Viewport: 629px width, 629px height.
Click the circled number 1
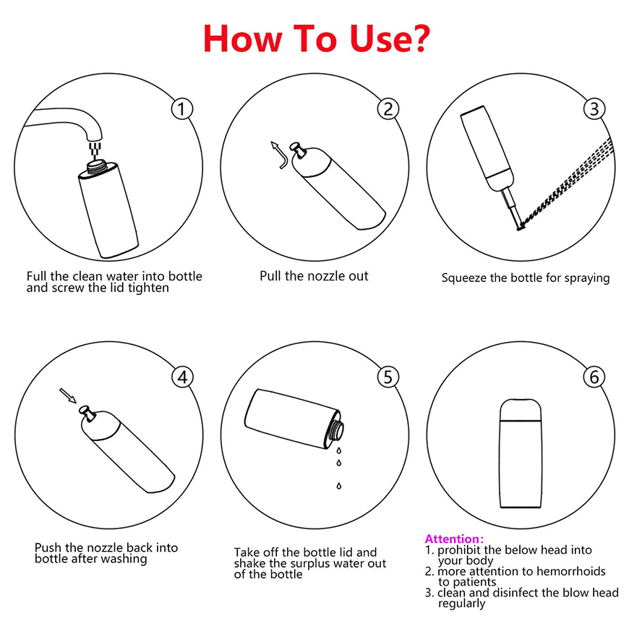181,109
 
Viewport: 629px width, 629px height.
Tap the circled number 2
388,109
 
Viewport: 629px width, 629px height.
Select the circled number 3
594,109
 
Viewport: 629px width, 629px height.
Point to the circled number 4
182,377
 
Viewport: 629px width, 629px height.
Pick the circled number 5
388,377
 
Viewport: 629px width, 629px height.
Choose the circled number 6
594,377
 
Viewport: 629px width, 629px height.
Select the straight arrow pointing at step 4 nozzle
68,395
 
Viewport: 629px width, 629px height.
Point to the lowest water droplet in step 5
339,486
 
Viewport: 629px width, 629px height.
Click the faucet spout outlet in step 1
95,137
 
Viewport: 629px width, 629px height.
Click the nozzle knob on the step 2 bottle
298,149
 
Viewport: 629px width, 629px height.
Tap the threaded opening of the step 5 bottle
335,430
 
